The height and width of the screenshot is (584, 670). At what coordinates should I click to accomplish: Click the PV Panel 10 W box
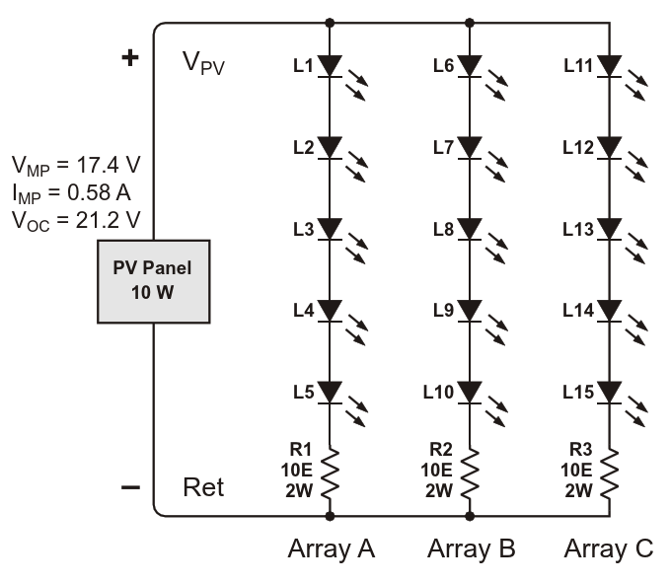click(x=153, y=281)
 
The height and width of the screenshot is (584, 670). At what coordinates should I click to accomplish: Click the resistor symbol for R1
click(x=330, y=473)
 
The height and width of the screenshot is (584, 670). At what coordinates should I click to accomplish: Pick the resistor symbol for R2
click(x=470, y=473)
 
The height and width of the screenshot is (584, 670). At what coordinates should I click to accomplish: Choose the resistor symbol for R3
click(x=610, y=473)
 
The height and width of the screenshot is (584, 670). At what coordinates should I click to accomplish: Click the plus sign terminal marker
click(x=130, y=57)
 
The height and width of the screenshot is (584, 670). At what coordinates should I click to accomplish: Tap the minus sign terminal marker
click(x=130, y=487)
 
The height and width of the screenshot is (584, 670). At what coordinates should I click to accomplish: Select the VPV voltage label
click(x=203, y=63)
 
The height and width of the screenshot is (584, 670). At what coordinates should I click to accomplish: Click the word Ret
click(x=203, y=487)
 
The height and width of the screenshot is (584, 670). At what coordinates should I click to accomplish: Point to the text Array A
click(x=332, y=548)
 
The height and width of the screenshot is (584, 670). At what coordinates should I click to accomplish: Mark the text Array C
click(x=609, y=548)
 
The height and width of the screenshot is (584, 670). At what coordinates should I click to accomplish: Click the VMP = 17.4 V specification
click(x=76, y=166)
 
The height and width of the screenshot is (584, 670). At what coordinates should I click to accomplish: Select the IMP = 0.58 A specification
click(x=71, y=193)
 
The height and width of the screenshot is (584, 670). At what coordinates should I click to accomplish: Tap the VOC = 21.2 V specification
click(x=76, y=221)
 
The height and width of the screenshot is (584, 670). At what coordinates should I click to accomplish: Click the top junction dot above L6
click(x=470, y=23)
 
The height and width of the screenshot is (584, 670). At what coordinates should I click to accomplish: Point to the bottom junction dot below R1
click(x=330, y=517)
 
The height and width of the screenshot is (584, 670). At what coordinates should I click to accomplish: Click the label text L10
click(x=438, y=393)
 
